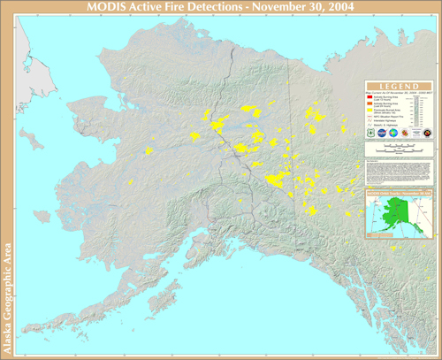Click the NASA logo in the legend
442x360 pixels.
coord(390,134)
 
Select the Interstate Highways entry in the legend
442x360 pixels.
coord(389,121)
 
